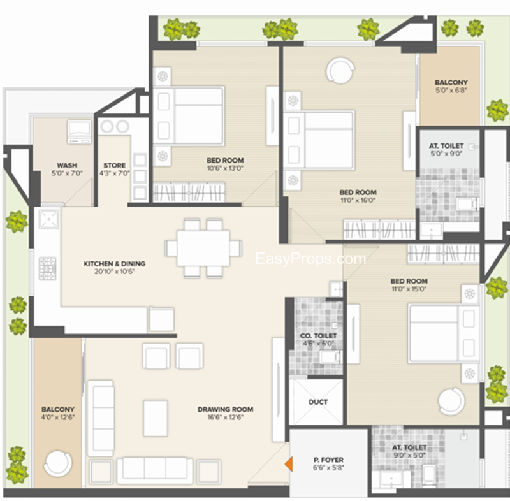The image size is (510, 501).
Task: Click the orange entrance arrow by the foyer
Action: (289, 464)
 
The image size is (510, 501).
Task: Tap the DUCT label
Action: (318, 402)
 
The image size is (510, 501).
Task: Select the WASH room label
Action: (67, 165)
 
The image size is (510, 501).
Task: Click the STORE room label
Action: (115, 165)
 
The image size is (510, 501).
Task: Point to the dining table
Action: (203, 248)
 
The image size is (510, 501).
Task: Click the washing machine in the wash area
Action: (79, 132)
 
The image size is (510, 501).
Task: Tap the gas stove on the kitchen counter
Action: (47, 268)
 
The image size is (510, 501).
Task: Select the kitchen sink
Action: (49, 219)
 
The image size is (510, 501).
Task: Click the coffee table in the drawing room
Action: (156, 418)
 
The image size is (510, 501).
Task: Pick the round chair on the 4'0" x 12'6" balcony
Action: (57, 463)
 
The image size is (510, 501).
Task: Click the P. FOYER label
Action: (328, 460)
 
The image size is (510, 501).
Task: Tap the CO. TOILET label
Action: (318, 335)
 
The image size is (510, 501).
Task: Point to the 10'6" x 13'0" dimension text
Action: (225, 168)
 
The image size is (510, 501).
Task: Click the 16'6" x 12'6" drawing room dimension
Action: (226, 417)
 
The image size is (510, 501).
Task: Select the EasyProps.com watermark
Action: (310, 259)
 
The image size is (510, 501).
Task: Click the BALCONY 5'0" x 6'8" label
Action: (451, 86)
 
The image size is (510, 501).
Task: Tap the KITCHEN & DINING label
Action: (115, 264)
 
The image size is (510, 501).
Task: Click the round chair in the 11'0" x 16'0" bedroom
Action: (340, 71)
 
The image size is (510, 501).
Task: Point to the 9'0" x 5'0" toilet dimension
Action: (409, 455)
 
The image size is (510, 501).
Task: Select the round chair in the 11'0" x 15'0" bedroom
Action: (451, 401)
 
